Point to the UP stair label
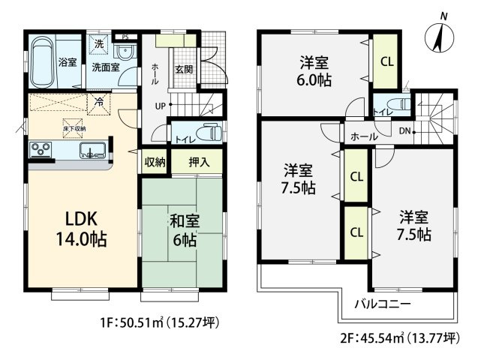[x=160, y=105]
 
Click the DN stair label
[x=404, y=130]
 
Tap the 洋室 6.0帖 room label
[x=313, y=70]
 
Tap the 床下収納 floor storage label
[x=74, y=128]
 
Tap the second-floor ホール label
[x=365, y=137]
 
